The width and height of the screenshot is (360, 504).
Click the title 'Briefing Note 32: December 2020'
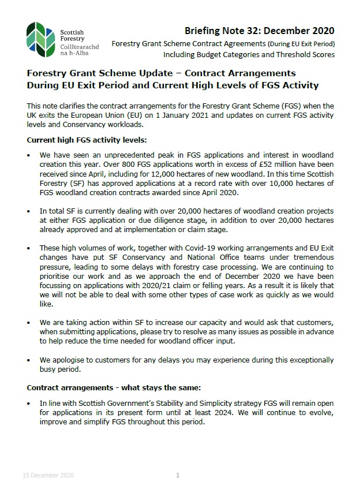tap(259, 31)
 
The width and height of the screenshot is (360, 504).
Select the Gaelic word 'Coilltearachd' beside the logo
tap(79, 46)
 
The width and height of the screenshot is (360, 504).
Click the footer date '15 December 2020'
tap(48, 475)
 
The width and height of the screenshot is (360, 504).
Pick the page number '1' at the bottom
tap(178, 475)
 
